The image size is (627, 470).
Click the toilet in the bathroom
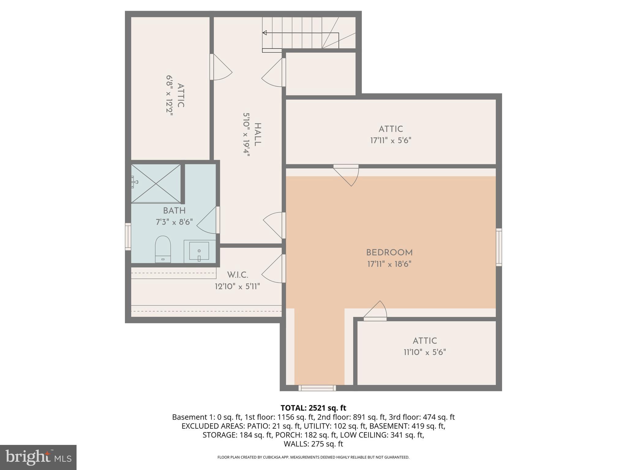pos(163,249)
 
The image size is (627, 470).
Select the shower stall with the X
pos(156,184)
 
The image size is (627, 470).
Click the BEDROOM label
pos(389,253)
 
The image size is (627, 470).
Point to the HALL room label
pos(258,135)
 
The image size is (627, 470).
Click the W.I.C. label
pos(238,275)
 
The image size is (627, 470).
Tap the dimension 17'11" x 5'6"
pos(390,140)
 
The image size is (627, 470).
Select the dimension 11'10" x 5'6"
pos(425,352)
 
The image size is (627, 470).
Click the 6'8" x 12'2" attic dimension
pos(170,95)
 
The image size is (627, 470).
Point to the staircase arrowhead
pos(265,33)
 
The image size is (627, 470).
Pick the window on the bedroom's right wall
pos(499,247)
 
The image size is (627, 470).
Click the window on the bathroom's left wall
pos(128,237)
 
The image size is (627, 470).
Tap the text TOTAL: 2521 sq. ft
pos(313,408)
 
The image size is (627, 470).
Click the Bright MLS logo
pos(38,457)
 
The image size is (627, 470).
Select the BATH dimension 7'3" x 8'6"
pos(174,222)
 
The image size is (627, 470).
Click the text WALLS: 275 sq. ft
pos(313,444)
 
